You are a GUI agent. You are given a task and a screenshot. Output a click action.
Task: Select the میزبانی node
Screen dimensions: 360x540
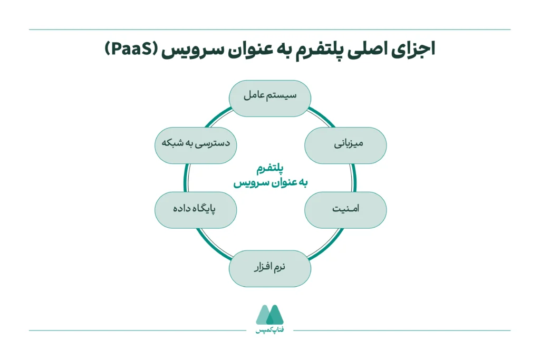[345, 145]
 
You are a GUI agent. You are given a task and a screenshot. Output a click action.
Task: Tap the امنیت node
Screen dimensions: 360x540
[345, 209]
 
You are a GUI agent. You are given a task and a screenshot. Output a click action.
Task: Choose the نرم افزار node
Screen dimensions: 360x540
[269, 268]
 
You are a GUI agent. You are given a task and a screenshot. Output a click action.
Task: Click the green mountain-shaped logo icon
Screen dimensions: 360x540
[269, 315]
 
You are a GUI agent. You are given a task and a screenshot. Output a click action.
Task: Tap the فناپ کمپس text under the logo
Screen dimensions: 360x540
[269, 331]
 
